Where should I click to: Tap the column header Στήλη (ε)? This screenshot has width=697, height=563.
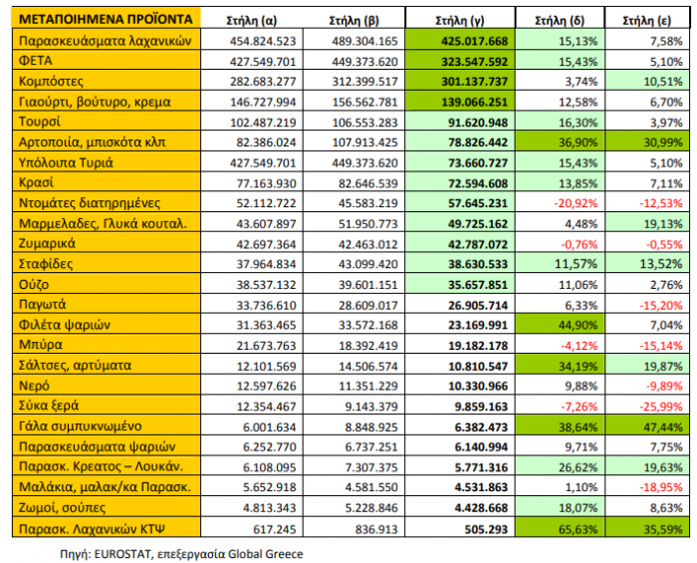(644, 19)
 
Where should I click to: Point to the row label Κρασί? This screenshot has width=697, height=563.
(39, 182)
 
